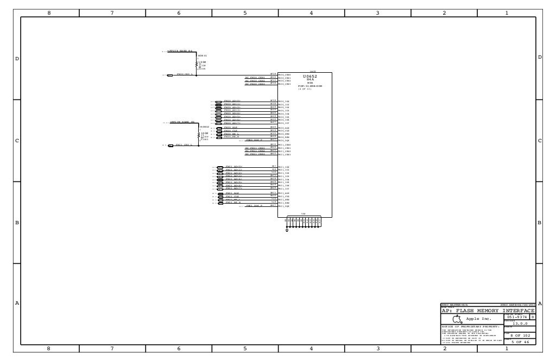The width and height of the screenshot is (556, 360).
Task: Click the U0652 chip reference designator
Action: pos(309,77)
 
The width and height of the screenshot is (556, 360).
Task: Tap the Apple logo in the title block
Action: pos(457,319)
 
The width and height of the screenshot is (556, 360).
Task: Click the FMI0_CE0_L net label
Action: pos(185,74)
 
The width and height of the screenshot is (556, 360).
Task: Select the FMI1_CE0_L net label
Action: pos(184,145)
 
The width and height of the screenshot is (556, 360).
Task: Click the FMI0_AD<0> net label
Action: pos(232,101)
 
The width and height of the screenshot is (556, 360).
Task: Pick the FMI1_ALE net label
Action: pos(232,193)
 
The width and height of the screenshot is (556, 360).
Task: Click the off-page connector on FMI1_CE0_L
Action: pos(170,146)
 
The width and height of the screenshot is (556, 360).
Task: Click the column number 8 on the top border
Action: pos(49,12)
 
